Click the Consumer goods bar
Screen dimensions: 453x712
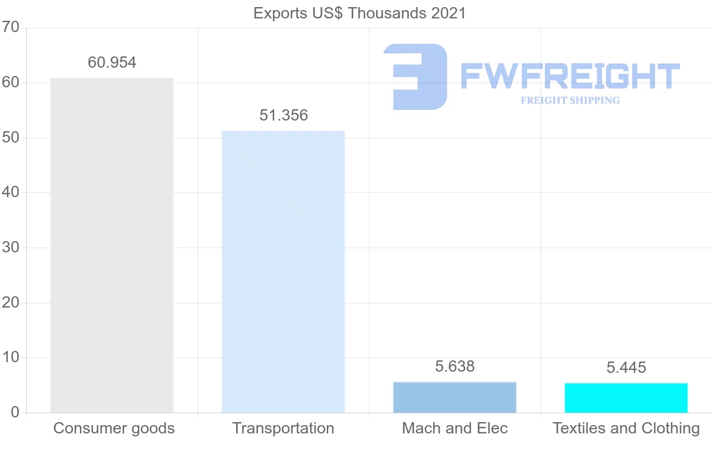click(112, 245)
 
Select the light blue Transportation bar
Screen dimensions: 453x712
click(283, 271)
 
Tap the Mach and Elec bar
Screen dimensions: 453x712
click(454, 397)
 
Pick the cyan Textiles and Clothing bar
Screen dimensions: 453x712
click(626, 398)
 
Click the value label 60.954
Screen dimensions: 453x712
click(112, 62)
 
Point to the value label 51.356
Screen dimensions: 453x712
click(284, 115)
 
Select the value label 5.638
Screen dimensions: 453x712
click(455, 366)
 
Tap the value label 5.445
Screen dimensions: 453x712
click(626, 368)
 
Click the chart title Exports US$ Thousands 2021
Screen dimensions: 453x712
click(360, 13)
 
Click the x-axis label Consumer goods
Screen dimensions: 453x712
click(114, 428)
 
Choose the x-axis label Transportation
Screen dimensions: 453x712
click(283, 428)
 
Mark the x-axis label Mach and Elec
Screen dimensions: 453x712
click(455, 428)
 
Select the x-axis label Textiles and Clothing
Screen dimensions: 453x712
click(626, 428)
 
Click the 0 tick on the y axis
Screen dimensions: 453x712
click(15, 413)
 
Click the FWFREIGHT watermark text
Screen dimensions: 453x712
click(570, 76)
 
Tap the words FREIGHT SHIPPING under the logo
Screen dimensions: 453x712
click(570, 100)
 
